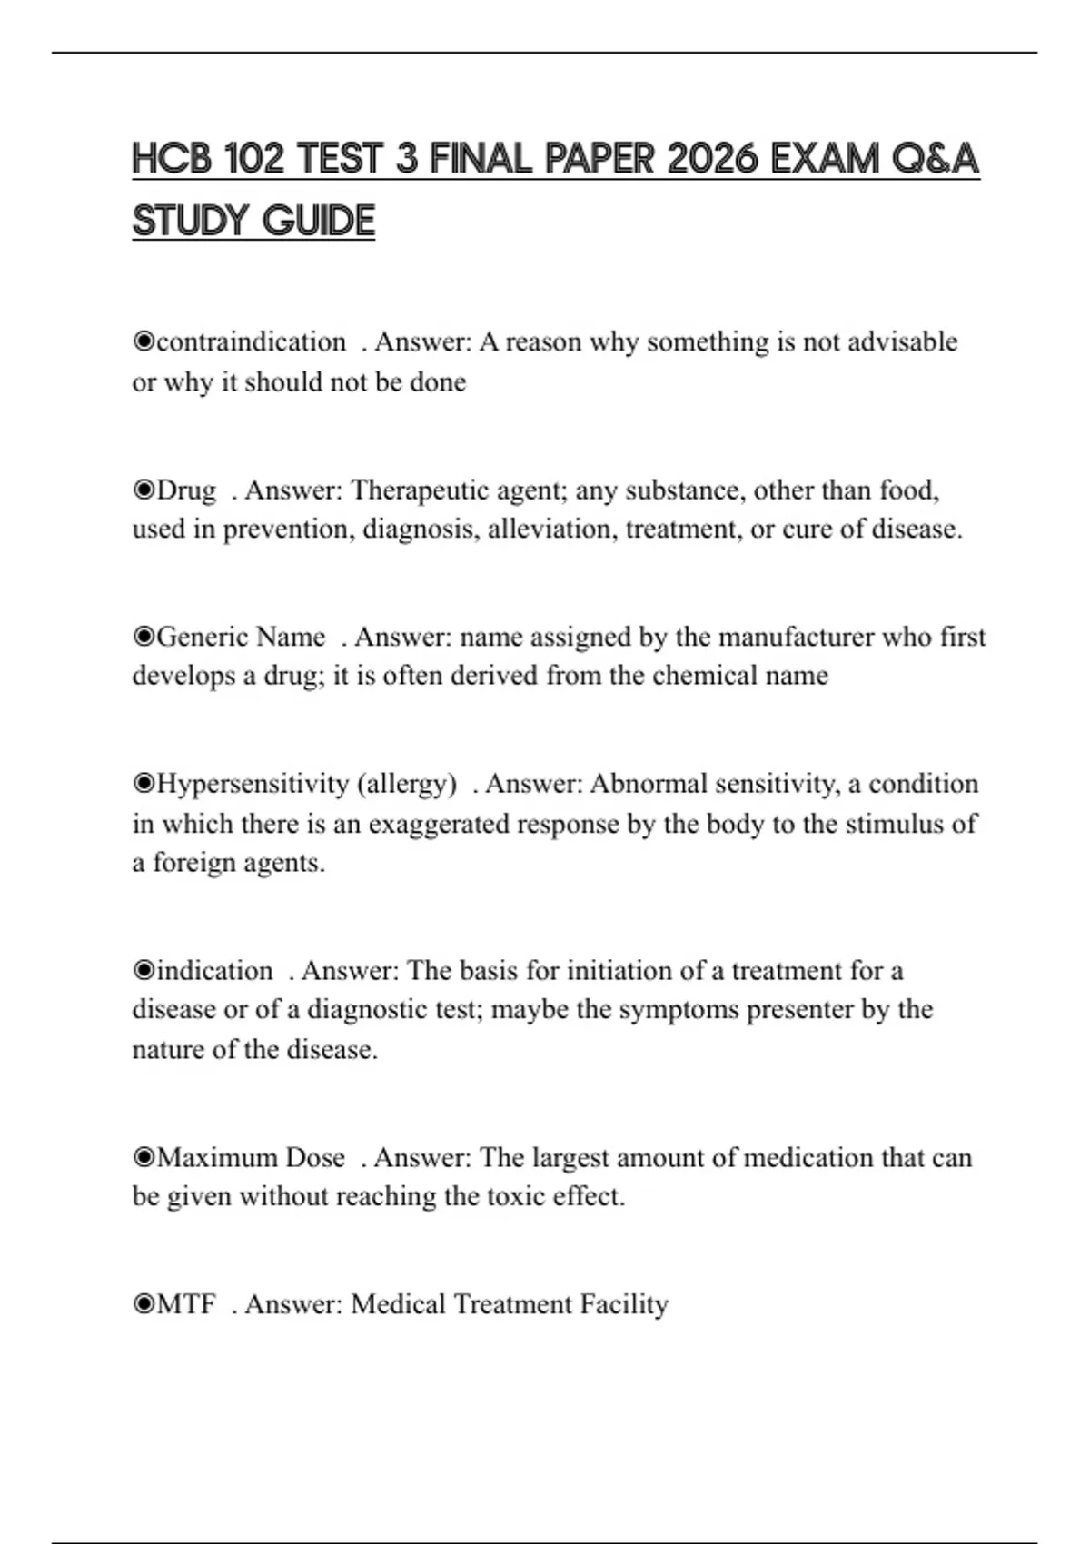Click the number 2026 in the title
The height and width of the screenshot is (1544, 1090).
pos(711,160)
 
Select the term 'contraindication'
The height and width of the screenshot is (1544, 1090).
pos(251,342)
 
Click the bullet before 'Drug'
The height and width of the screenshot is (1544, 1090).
pos(144,490)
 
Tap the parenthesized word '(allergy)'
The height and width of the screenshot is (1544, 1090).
pos(408,784)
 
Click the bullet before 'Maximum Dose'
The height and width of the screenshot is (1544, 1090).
pos(144,1158)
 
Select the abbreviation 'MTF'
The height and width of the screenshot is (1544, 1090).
pos(186,1305)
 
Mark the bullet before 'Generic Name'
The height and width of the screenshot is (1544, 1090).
pos(144,638)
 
